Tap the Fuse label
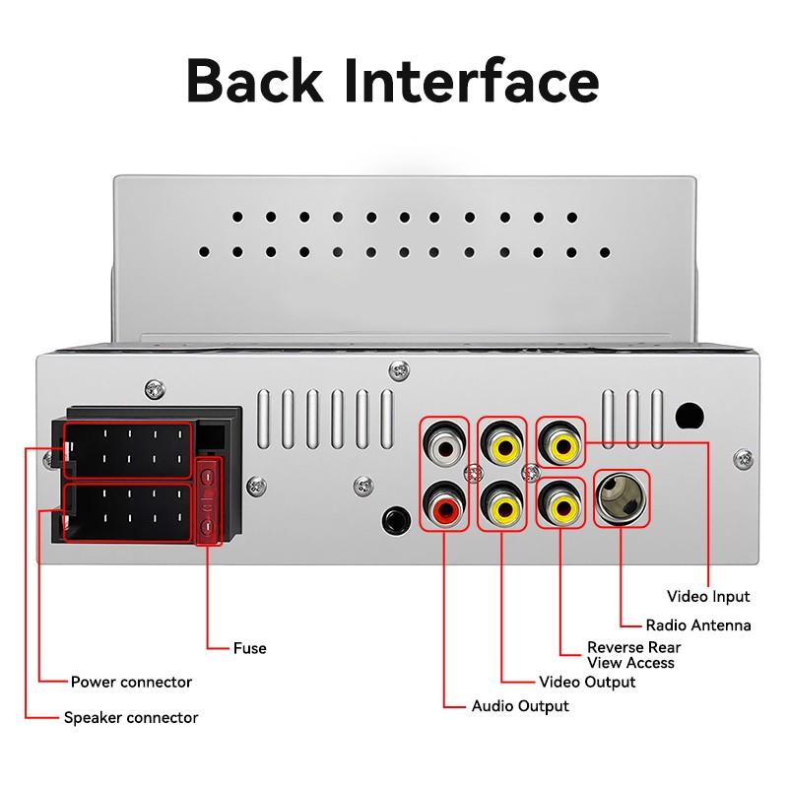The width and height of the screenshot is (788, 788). pyautogui.click(x=249, y=648)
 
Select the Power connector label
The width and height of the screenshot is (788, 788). pyautogui.click(x=131, y=682)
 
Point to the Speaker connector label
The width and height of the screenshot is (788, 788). pyautogui.click(x=131, y=717)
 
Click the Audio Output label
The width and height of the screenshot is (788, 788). pyautogui.click(x=520, y=705)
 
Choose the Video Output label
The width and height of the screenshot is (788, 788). pyautogui.click(x=588, y=682)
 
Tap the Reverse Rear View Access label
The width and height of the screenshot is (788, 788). pyautogui.click(x=633, y=655)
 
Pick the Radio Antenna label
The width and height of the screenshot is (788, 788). pyautogui.click(x=698, y=624)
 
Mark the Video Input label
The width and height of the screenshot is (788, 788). pyautogui.click(x=708, y=596)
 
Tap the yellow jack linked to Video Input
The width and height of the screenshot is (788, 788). pyautogui.click(x=562, y=445)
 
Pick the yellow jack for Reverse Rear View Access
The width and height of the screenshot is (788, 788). pyautogui.click(x=562, y=506)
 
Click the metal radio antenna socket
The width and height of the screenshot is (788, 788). pyautogui.click(x=623, y=498)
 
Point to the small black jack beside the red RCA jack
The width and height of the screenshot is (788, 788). pyautogui.click(x=396, y=518)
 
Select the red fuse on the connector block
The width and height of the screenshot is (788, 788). pyautogui.click(x=209, y=501)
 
